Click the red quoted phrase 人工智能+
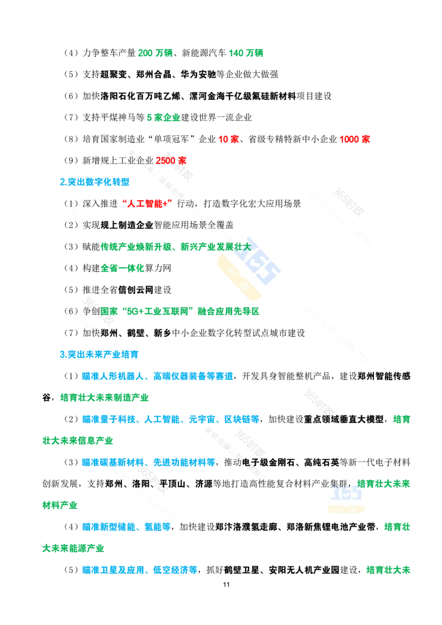(x=145, y=203)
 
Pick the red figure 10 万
(x=228, y=139)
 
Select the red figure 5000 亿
(x=171, y=160)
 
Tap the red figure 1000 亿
(x=355, y=139)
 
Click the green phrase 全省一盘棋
(x=122, y=269)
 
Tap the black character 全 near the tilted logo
(x=211, y=225)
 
